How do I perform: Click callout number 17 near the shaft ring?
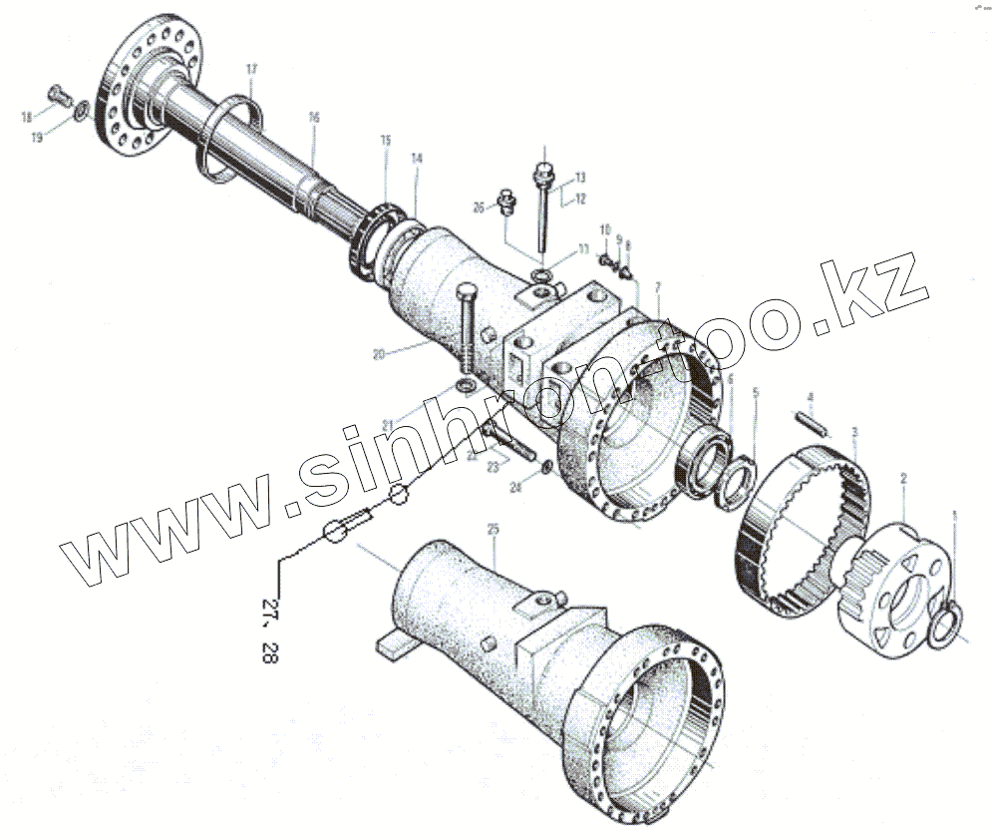[x=252, y=69]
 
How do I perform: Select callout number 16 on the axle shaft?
[x=314, y=118]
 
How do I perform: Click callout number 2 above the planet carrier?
[x=902, y=480]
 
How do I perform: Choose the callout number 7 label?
[x=658, y=288]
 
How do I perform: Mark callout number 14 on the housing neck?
[x=417, y=159]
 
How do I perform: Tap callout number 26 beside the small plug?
[x=479, y=208]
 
